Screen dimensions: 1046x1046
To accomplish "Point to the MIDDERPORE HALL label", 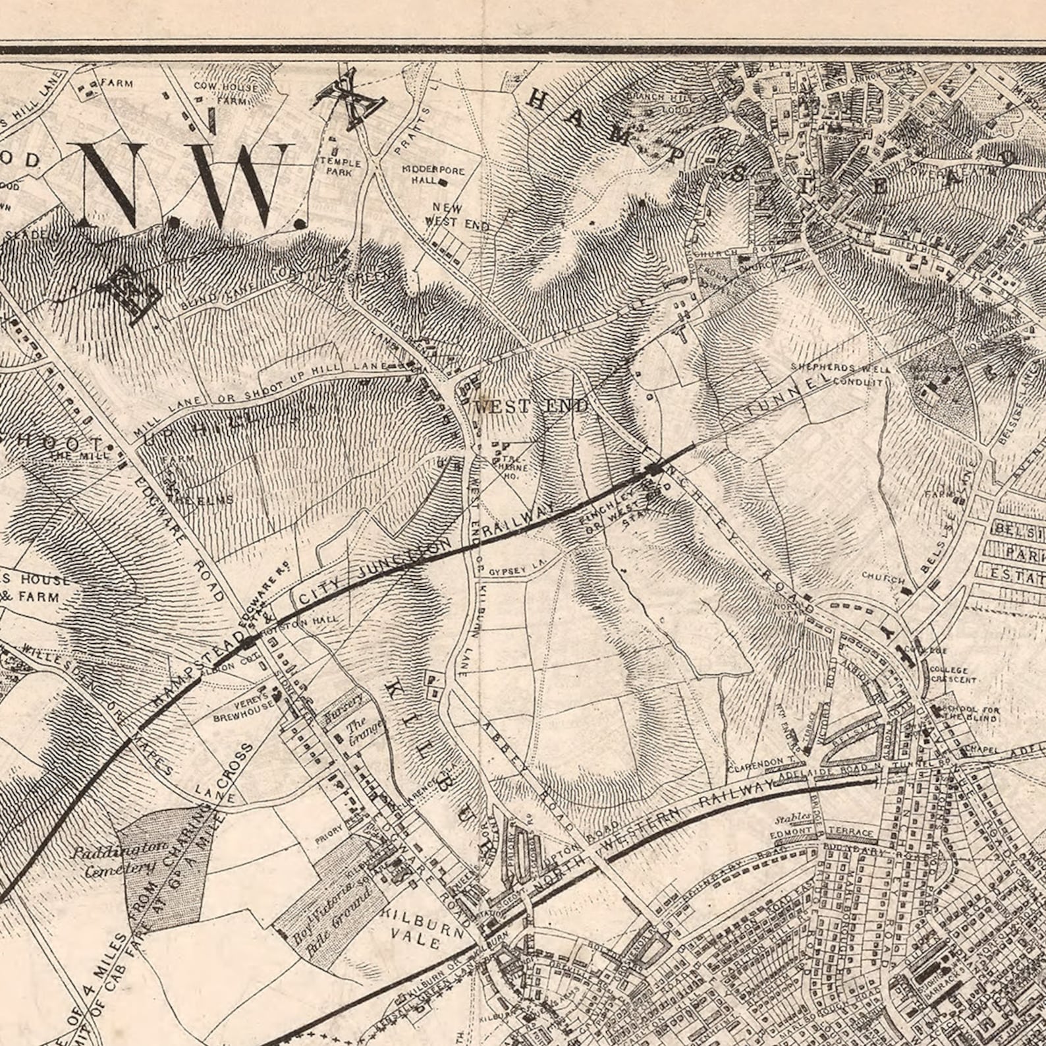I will (433, 175).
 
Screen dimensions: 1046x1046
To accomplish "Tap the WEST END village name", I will (531, 407).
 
